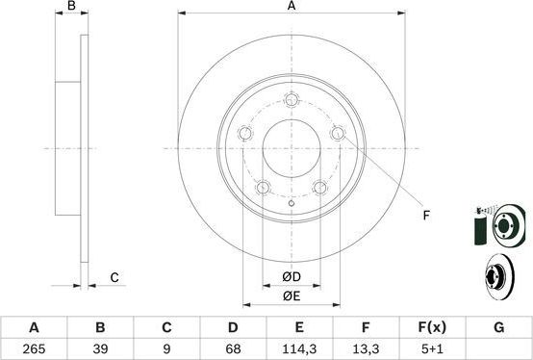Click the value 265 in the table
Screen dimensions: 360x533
36,348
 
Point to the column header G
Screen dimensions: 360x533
498,327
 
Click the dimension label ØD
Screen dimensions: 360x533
292,278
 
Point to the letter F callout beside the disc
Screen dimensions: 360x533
426,215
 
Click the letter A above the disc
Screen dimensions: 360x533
292,8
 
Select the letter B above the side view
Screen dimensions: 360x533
70,8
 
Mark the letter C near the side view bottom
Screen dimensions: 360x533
113,277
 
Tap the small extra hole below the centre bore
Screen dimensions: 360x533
292,204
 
